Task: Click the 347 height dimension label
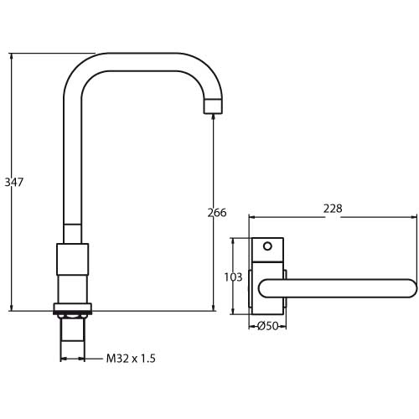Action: pos(14,182)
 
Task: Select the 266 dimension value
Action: pos(217,213)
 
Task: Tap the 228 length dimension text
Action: pos(333,209)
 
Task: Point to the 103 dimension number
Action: pos(233,277)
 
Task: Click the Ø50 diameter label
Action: pos(267,326)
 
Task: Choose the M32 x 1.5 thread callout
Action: pos(131,359)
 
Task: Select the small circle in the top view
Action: pos(267,246)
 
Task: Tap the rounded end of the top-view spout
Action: pos(413,288)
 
